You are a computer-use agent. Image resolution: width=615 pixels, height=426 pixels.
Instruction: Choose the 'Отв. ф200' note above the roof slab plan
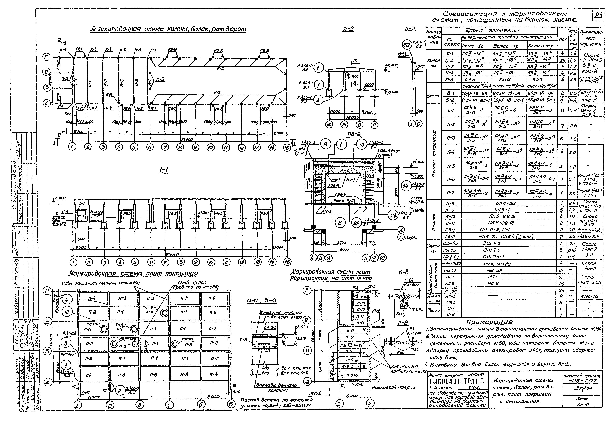pyautogui.click(x=192, y=283)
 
